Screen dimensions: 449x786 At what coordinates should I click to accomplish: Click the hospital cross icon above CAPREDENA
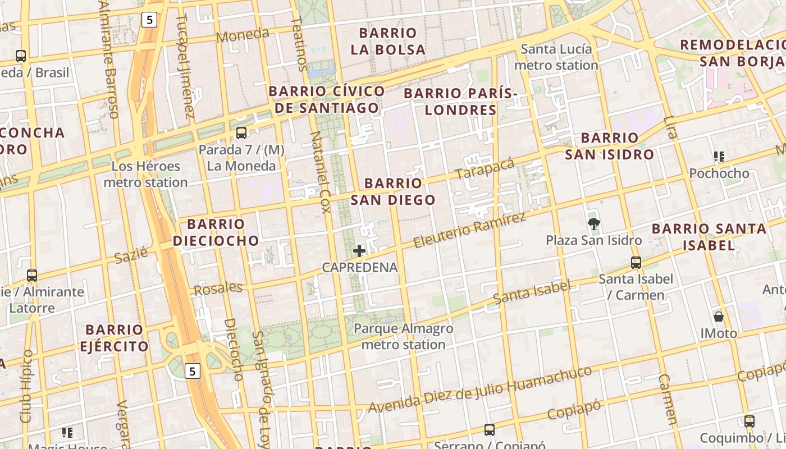359,251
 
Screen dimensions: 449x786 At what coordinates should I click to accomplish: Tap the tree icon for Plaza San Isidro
593,224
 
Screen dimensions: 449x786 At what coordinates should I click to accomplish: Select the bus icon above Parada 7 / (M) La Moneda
241,133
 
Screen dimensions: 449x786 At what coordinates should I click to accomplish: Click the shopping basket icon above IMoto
718,317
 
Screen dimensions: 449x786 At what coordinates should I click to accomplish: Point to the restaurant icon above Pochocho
719,157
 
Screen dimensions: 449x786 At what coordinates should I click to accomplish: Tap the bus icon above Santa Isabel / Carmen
636,262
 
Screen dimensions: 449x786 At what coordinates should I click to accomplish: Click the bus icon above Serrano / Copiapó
490,430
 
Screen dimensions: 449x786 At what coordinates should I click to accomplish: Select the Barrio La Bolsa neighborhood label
388,41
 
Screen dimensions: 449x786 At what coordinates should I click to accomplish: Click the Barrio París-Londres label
460,101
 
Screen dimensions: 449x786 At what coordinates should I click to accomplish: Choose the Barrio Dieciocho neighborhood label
216,232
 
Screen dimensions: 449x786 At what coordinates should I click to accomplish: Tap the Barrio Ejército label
114,338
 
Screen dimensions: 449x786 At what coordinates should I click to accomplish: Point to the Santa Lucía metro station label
556,57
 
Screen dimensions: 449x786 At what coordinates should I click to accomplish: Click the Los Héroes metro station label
145,174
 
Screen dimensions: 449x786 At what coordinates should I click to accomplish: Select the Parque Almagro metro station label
403,336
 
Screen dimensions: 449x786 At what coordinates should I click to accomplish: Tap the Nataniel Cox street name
319,172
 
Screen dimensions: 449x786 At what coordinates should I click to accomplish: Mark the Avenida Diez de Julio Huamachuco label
480,390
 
